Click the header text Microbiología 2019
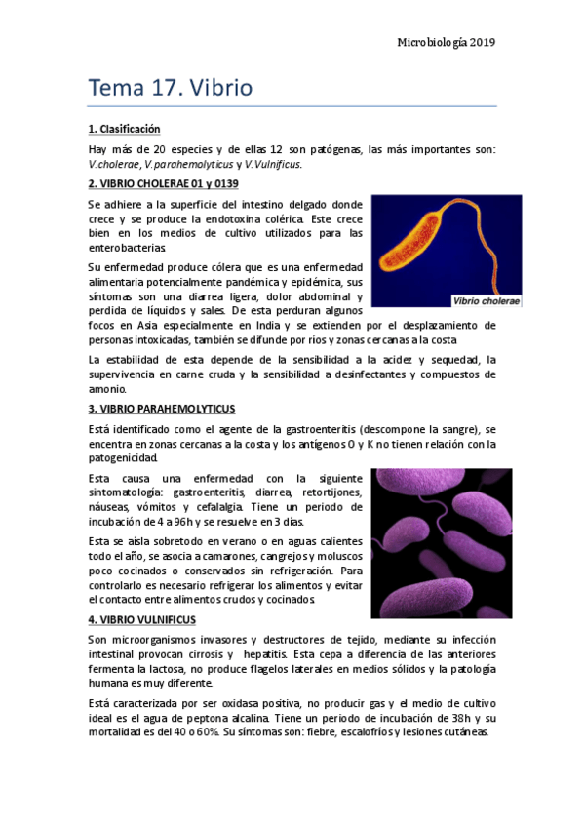click(x=448, y=42)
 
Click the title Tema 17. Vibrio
click(x=171, y=88)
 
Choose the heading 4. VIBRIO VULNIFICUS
click(x=141, y=620)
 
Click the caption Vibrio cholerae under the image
click(x=486, y=300)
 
